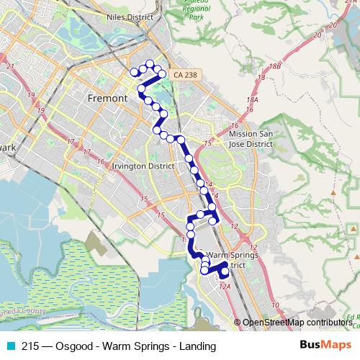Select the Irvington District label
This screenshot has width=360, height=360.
pyautogui.click(x=144, y=166)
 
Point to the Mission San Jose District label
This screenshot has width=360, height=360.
pyautogui.click(x=251, y=138)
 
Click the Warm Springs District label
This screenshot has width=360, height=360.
pyautogui.click(x=226, y=260)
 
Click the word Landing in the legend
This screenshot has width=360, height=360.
pyautogui.click(x=198, y=346)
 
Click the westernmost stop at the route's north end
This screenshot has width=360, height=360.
pyautogui.click(x=134, y=71)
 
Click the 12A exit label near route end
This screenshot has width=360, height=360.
pyautogui.click(x=224, y=287)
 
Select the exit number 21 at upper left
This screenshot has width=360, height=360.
pyautogui.click(x=9, y=67)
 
